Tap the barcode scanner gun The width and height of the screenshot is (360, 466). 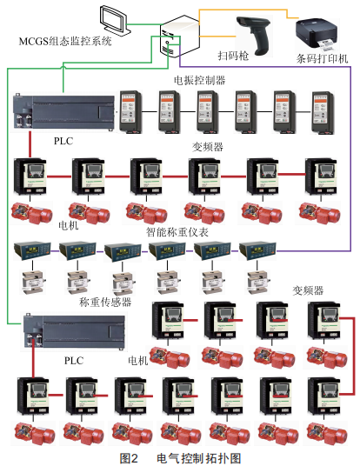pos(255,35)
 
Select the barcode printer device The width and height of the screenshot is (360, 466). pos(317,35)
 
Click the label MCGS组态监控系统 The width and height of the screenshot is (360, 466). pos(65,41)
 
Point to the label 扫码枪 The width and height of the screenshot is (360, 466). pos(233,56)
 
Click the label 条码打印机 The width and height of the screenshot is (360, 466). pos(322,58)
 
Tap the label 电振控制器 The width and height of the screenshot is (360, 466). pos(199,80)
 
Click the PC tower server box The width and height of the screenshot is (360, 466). pos(179,37)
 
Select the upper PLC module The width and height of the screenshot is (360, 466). pos(64,110)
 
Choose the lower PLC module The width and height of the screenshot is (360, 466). pos(74,331)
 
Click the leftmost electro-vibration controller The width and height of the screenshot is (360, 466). pos(130,112)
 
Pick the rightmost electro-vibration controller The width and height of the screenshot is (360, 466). pos(323,112)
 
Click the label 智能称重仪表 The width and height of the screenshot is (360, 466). pos(177,232)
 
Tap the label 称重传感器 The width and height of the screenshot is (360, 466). pos(105,302)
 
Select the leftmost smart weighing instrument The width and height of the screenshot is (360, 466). pos(32,251)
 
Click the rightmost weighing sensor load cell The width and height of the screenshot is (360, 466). pos(257,282)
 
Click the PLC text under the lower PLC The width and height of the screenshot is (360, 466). pos(74,361)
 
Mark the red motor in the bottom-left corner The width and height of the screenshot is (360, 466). pos(35,433)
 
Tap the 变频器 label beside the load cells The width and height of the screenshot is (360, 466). pos(308,290)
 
